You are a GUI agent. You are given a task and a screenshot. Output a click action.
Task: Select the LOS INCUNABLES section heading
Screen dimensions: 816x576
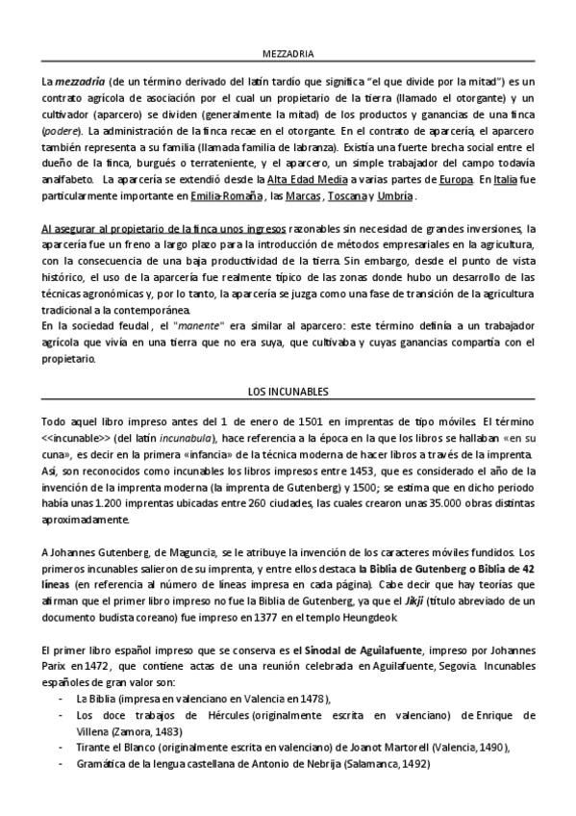[x=288, y=393]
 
